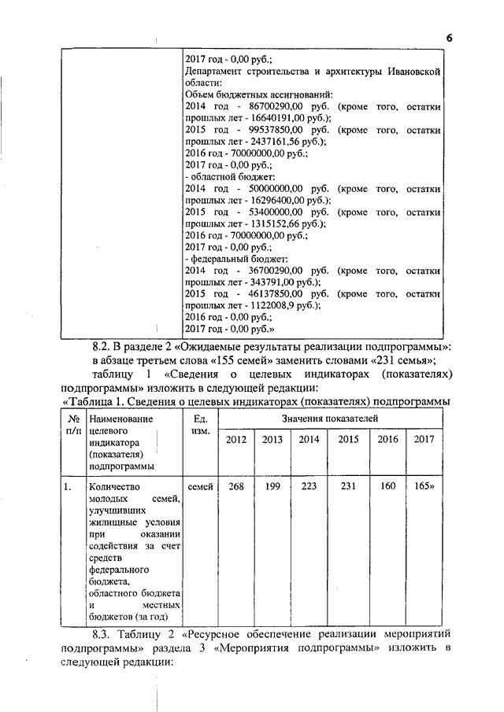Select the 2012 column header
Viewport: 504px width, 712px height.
click(235, 440)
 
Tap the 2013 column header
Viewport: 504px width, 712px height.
click(272, 440)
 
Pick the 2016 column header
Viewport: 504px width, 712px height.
click(387, 440)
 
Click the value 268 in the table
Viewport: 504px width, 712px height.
click(235, 487)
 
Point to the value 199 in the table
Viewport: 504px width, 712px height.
click(272, 487)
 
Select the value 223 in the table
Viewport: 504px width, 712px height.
click(309, 487)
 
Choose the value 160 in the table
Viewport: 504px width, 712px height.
click(387, 487)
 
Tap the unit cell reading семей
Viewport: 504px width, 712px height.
click(201, 487)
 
